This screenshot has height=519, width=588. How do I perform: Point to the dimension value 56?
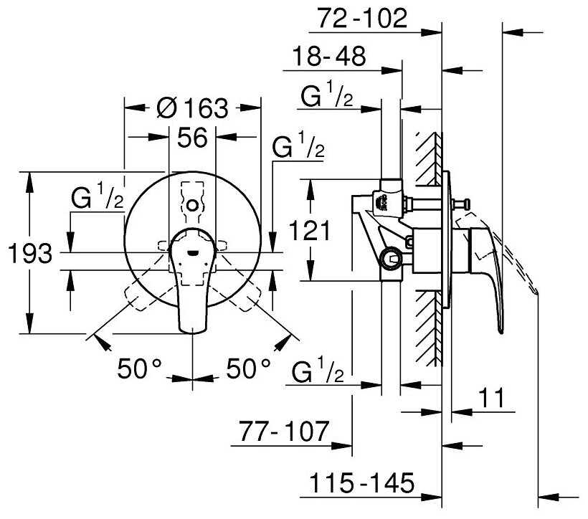(x=191, y=138)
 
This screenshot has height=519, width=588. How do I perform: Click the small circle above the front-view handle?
(x=191, y=206)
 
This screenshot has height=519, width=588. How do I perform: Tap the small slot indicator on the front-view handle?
(x=192, y=251)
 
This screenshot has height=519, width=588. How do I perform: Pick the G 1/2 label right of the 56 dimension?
(x=299, y=149)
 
